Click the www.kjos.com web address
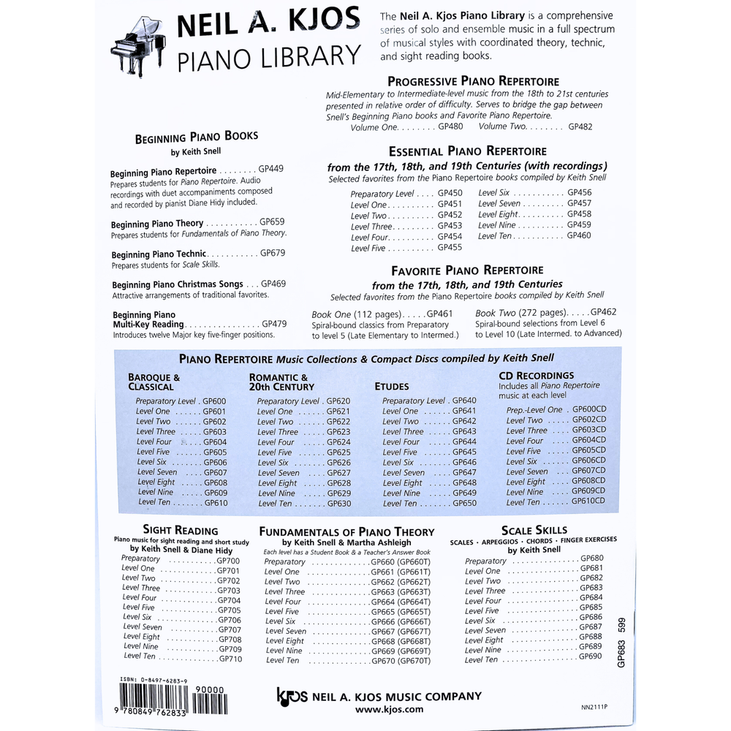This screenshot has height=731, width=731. point(389,709)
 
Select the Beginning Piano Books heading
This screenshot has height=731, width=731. point(196,136)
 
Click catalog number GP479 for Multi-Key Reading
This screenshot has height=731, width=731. point(274,323)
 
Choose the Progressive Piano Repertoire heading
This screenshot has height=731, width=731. point(473,81)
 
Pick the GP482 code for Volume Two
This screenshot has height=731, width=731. point(580,126)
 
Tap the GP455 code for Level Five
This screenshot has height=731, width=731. point(450,248)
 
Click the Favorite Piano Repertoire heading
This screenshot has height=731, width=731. point(467,270)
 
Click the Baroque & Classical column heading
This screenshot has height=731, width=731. point(154,382)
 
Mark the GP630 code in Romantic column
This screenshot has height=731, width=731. point(338,504)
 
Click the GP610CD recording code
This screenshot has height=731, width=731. point(588,501)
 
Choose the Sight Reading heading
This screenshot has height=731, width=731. point(181,531)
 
